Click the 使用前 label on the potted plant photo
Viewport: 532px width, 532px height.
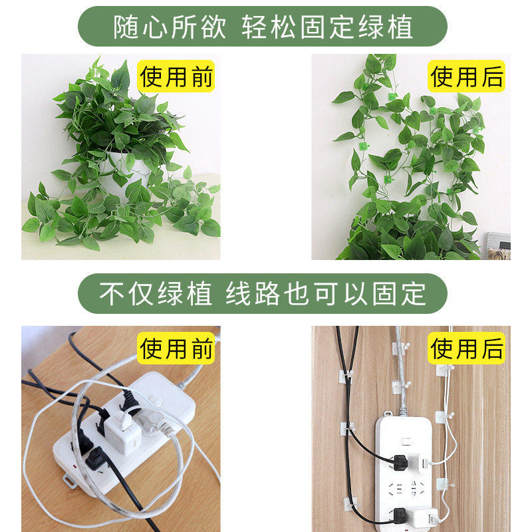click(176, 76)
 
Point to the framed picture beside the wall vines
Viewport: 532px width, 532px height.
click(499, 245)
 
